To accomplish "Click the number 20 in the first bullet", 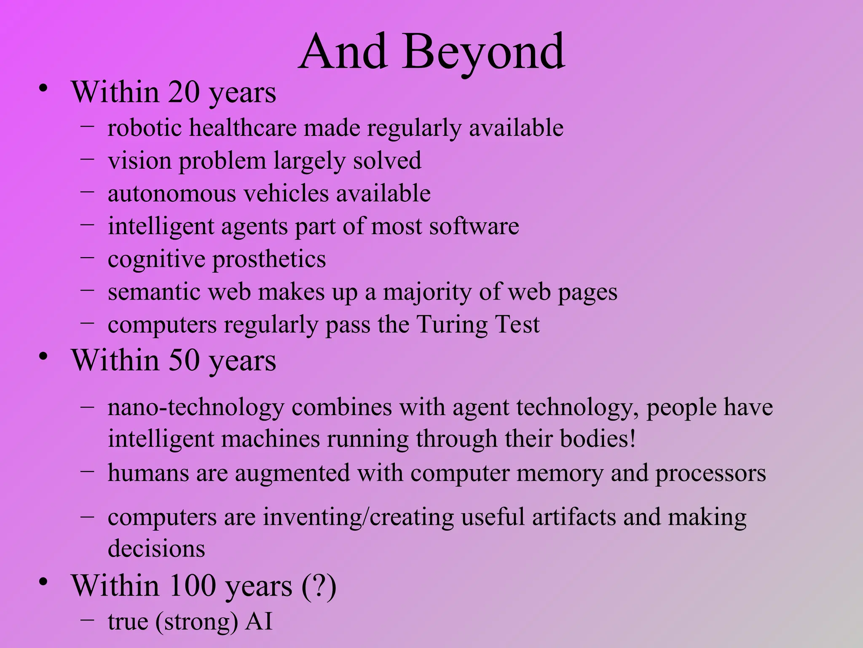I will point(184,92).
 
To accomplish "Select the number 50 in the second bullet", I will point(184,361).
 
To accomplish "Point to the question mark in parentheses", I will point(319,586).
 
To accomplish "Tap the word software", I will point(474,227).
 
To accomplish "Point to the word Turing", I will point(452,325).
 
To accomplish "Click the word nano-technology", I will point(196,408).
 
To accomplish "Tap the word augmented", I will point(292,473).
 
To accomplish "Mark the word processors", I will point(710,473).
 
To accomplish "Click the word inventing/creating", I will point(358,518).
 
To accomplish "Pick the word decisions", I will point(156,549).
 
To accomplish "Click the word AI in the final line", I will point(259,621).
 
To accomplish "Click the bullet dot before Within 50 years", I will point(43,357).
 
